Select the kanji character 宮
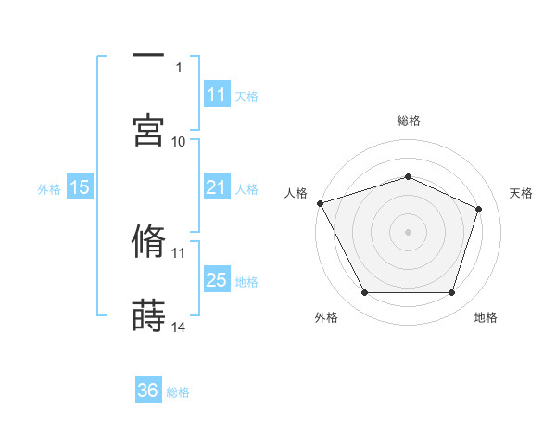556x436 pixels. [x=148, y=131]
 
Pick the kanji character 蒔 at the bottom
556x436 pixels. [x=148, y=316]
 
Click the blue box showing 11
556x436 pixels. [x=216, y=95]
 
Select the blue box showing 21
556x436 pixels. [x=216, y=188]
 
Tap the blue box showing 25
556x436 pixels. [x=216, y=280]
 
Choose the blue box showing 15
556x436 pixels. [x=80, y=188]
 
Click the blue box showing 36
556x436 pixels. [x=148, y=391]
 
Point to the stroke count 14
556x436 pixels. [x=179, y=327]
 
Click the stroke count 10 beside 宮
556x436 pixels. [x=179, y=141]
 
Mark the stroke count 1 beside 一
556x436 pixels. [x=179, y=67]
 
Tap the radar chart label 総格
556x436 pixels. [x=409, y=121]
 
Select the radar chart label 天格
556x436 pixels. [x=521, y=193]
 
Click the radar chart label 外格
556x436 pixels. [x=326, y=318]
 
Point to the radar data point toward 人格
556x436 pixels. [x=320, y=203]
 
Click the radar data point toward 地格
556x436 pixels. [x=451, y=293]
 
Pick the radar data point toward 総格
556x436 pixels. [x=408, y=176]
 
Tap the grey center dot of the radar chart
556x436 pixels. [x=408, y=232]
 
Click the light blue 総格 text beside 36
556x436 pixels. [x=178, y=392]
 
